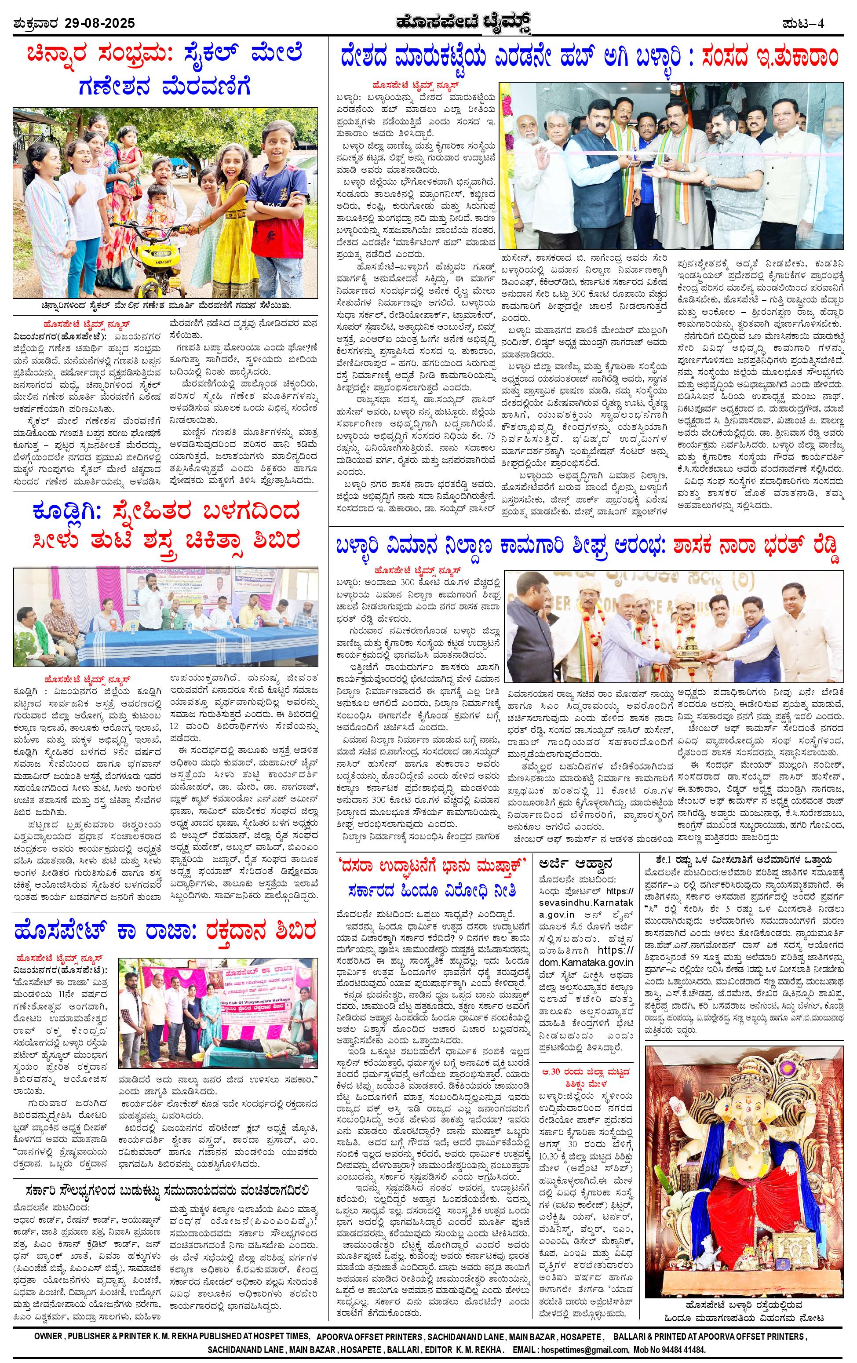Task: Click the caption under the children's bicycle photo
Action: [165, 306]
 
